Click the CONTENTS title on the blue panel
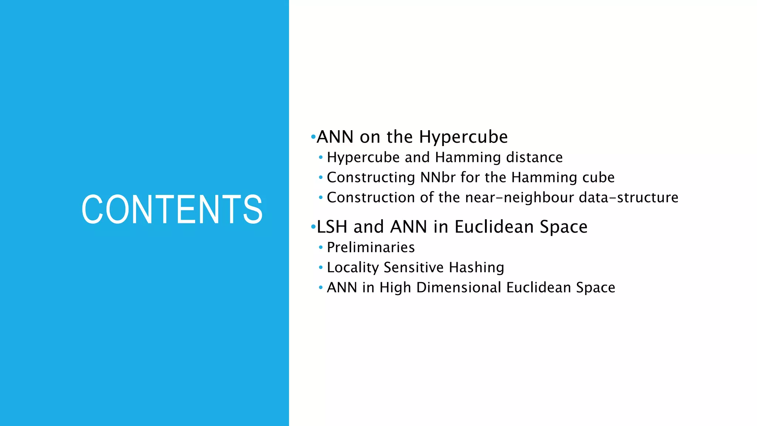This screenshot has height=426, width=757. click(x=172, y=209)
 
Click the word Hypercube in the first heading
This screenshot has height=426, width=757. click(x=464, y=137)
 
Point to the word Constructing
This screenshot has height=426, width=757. click(x=371, y=177)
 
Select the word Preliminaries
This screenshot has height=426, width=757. click(x=371, y=247)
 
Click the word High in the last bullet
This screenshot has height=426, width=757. click(x=395, y=287)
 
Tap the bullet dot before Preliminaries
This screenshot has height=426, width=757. click(x=320, y=247)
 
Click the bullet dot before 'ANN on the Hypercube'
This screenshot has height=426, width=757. click(x=313, y=137)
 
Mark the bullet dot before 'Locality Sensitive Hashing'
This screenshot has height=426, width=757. click(x=320, y=267)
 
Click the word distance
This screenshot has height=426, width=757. click(x=534, y=158)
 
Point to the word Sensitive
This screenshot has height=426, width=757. click(x=414, y=267)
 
